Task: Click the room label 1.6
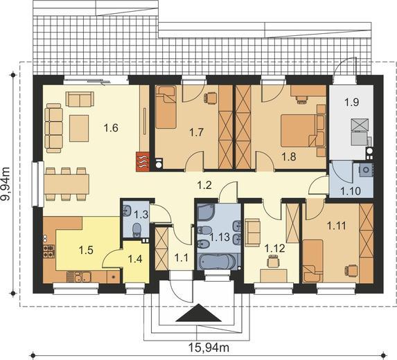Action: pyautogui.click(x=112, y=128)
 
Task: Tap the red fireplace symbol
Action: pyautogui.click(x=143, y=162)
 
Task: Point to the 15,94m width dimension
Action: pyautogui.click(x=209, y=347)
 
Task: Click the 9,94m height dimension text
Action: pyautogui.click(x=6, y=183)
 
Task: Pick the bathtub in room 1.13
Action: pyautogui.click(x=218, y=261)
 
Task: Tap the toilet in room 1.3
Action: pyautogui.click(x=136, y=230)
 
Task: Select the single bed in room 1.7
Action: pyautogui.click(x=166, y=107)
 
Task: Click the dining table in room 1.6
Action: pyautogui.click(x=67, y=183)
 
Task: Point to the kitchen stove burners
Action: pyautogui.click(x=49, y=251)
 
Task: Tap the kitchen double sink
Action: pyautogui.click(x=79, y=278)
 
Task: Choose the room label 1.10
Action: pyautogui.click(x=351, y=191)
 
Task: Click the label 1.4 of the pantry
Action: pyautogui.click(x=135, y=259)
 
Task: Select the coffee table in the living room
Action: pyautogui.click(x=79, y=128)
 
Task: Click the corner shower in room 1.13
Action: pyautogui.click(x=206, y=213)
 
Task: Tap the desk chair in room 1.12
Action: pyautogui.click(x=273, y=261)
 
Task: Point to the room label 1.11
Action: pyautogui.click(x=336, y=226)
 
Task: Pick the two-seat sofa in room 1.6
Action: pyautogui.click(x=80, y=99)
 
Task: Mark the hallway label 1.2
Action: pyautogui.click(x=204, y=186)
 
